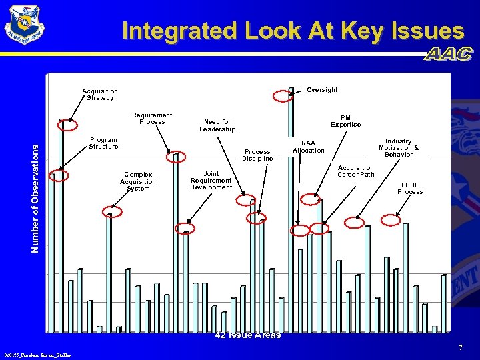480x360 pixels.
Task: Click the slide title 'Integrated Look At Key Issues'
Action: (293, 31)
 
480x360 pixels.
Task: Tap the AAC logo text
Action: (449, 55)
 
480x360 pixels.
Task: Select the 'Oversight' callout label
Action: (322, 90)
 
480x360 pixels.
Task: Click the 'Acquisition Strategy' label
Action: (100, 95)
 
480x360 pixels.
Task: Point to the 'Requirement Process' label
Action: (152, 119)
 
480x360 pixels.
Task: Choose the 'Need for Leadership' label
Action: (217, 125)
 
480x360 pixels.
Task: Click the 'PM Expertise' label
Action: (346, 121)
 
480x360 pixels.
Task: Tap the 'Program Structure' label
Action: (103, 143)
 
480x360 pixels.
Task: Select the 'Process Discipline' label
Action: (257, 155)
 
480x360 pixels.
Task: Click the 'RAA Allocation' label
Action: (309, 147)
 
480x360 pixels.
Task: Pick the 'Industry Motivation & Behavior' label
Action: (399, 148)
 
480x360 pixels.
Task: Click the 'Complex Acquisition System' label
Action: (138, 181)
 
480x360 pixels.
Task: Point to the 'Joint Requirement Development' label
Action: (211, 181)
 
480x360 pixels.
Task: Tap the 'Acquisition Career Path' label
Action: (356, 171)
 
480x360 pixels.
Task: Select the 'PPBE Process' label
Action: (410, 189)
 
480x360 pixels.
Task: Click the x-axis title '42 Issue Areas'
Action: (248, 335)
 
